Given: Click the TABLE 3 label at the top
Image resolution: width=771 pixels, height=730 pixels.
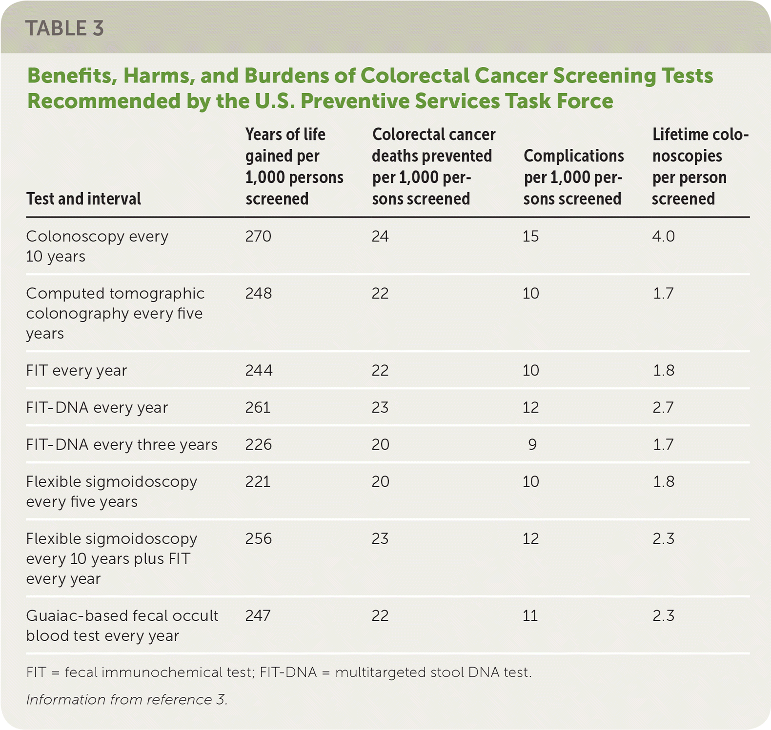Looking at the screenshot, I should (x=64, y=28).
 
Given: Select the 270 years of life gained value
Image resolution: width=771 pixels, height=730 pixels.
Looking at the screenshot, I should (x=258, y=237).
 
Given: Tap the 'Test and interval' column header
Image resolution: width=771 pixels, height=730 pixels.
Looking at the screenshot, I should (x=83, y=199).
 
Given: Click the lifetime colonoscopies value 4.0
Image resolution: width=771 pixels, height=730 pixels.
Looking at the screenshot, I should (x=663, y=237).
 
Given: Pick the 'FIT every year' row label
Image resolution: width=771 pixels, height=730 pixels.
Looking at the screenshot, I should (x=77, y=371).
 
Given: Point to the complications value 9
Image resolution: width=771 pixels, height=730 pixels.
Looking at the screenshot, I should (x=532, y=445).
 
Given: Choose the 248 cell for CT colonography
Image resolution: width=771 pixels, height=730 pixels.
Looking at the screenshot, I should (x=258, y=294).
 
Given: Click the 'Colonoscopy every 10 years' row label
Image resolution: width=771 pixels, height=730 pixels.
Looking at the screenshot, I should (x=97, y=246).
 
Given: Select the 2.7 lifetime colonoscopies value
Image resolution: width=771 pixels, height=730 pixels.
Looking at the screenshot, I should (x=663, y=408).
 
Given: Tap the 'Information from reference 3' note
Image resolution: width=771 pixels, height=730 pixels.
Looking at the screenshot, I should (x=127, y=700).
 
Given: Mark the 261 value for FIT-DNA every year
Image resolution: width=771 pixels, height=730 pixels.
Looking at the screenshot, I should (x=258, y=408).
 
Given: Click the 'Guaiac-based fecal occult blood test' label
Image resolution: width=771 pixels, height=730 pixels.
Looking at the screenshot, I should (x=122, y=626).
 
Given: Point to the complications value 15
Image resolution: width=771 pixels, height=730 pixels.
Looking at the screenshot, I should (x=530, y=237).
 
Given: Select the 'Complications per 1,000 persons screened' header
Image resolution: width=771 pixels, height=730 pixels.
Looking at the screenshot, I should (x=573, y=178).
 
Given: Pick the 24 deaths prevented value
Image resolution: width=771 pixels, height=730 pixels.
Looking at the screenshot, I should (x=380, y=237).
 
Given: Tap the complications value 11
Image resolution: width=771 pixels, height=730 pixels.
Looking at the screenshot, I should (x=530, y=616).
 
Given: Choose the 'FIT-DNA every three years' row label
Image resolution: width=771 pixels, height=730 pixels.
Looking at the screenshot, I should (x=122, y=445).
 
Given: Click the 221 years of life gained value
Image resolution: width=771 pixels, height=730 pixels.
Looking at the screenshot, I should (x=258, y=482).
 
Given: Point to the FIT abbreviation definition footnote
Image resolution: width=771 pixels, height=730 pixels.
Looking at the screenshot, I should (x=279, y=672).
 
